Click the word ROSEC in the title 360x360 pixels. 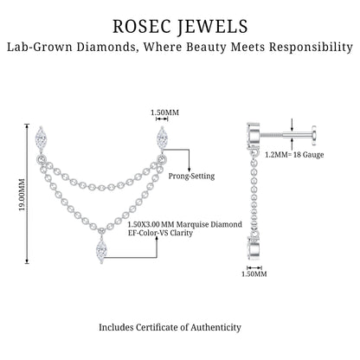pos(141,26)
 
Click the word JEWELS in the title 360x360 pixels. pos(212,27)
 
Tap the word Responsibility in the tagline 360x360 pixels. pos(311,48)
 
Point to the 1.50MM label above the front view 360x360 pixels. pos(164,112)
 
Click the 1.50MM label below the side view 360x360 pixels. pos(254,273)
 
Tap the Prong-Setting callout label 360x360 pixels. pos(191,176)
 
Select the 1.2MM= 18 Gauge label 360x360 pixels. pos(294,155)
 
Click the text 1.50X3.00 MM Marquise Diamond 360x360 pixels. pos(185,224)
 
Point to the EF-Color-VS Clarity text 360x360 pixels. pos(160,233)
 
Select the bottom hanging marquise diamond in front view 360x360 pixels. pos(101,249)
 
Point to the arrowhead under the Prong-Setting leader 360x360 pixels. pos(190,169)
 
